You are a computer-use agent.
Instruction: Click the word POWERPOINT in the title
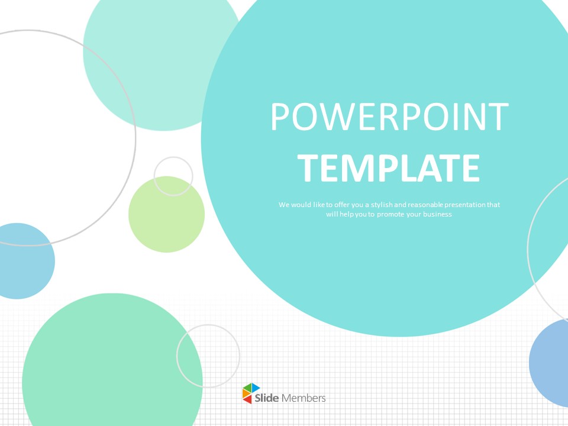389,117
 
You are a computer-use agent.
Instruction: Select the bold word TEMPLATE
389,168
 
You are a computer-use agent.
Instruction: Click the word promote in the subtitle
390,214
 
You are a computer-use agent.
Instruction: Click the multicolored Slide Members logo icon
251,393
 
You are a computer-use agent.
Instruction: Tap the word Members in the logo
304,398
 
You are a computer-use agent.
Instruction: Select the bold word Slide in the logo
267,398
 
